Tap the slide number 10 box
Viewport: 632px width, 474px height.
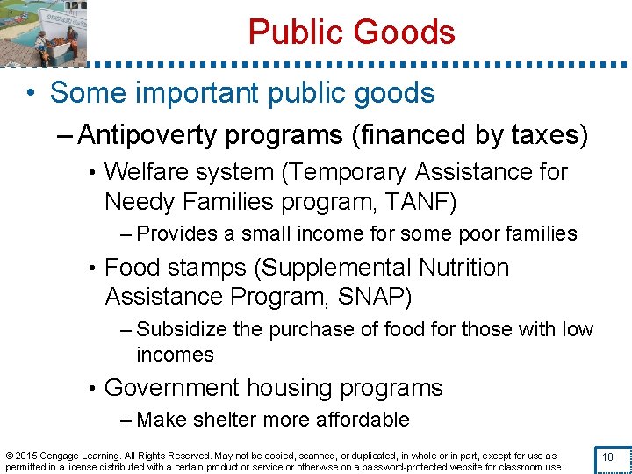point(607,457)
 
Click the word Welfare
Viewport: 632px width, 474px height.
point(153,172)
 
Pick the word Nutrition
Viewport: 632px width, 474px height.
point(456,267)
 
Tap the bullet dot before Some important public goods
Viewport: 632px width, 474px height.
point(30,93)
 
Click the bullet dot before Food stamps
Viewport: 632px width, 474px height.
point(91,267)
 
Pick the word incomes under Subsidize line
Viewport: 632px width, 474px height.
point(175,355)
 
